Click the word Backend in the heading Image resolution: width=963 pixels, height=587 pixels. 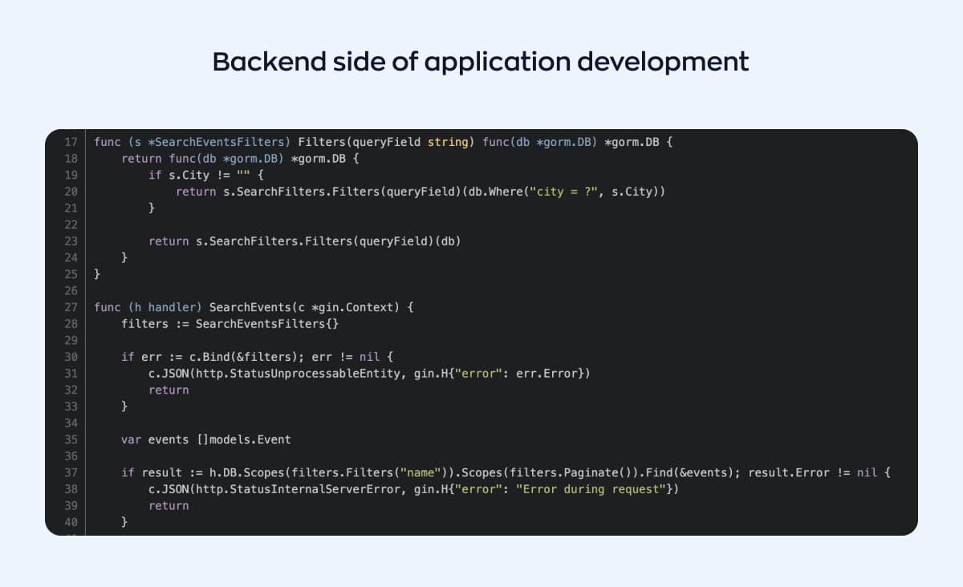click(x=269, y=62)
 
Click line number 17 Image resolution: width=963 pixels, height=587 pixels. click(x=71, y=142)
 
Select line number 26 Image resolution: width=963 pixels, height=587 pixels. click(x=71, y=291)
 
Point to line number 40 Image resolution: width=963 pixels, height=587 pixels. click(x=71, y=522)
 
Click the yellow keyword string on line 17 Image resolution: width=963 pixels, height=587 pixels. click(x=448, y=143)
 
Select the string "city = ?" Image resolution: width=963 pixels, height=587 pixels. click(x=563, y=192)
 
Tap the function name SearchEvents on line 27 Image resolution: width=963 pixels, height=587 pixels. click(x=250, y=307)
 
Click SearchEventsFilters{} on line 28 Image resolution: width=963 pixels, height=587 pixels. click(x=267, y=324)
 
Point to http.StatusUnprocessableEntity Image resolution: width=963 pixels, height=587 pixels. click(x=298, y=374)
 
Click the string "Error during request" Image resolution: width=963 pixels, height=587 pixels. click(x=591, y=489)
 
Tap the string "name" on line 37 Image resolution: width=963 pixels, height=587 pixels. click(x=421, y=472)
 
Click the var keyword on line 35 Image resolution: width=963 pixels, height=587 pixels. click(x=131, y=440)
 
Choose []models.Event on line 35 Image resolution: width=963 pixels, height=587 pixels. click(x=244, y=439)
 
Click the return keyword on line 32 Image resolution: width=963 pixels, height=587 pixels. click(x=169, y=391)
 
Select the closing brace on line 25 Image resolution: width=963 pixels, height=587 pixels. click(x=97, y=274)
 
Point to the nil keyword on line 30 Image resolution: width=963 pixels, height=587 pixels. click(x=369, y=357)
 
